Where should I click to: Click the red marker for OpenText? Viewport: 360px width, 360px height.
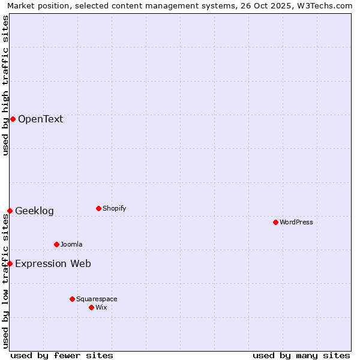(x=13, y=119)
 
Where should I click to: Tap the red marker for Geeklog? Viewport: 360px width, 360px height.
(x=10, y=211)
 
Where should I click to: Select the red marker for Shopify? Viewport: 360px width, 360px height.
(x=98, y=208)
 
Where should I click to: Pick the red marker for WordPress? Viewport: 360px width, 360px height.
(x=275, y=222)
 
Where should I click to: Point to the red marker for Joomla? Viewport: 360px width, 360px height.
(x=56, y=244)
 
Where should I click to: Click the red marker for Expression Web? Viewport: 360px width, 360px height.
(x=10, y=263)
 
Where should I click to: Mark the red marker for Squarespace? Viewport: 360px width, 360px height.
(x=72, y=299)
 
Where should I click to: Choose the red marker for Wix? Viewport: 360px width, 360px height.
(x=91, y=307)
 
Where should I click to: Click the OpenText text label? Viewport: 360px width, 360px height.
(x=40, y=119)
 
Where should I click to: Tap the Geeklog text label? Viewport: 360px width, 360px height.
(x=34, y=211)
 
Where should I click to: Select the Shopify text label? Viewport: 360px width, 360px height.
(x=114, y=208)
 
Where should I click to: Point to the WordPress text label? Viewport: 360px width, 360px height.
(x=296, y=222)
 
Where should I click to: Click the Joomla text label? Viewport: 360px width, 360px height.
(x=71, y=244)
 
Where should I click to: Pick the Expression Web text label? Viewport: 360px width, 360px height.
(x=53, y=263)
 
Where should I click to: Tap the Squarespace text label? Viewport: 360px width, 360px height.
(x=97, y=299)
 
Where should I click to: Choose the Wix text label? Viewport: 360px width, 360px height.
(x=101, y=307)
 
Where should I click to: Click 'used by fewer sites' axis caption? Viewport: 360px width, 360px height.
(x=62, y=355)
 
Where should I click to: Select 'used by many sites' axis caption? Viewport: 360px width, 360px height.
(x=301, y=355)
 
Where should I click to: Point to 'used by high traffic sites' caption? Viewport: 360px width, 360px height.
(x=5, y=85)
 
